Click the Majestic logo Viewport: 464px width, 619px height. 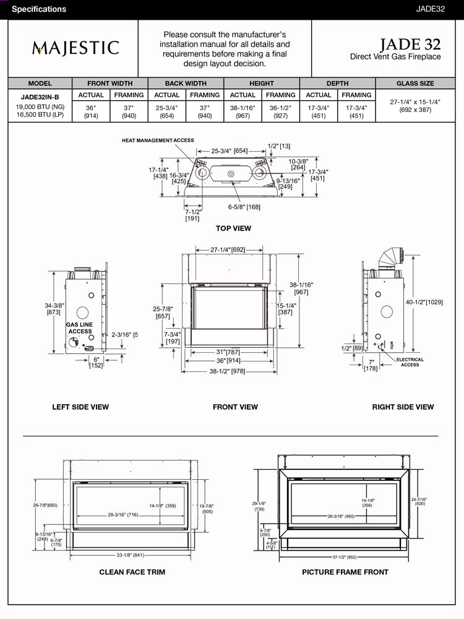pos(75,48)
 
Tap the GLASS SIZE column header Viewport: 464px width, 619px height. pos(415,84)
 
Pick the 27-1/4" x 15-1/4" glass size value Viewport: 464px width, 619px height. pos(415,106)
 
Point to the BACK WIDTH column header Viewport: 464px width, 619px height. pos(186,84)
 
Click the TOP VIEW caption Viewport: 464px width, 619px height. pos(233,228)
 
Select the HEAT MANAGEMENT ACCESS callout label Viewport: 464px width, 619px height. pos(158,141)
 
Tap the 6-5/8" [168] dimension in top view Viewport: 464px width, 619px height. pos(244,207)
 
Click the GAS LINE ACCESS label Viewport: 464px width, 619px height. pos(80,328)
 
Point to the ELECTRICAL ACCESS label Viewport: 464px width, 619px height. pos(410,362)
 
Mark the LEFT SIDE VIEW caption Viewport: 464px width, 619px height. pos(80,407)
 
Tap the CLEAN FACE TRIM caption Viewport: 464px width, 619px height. pos(132,572)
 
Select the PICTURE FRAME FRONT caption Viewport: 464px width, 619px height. pos(345,572)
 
